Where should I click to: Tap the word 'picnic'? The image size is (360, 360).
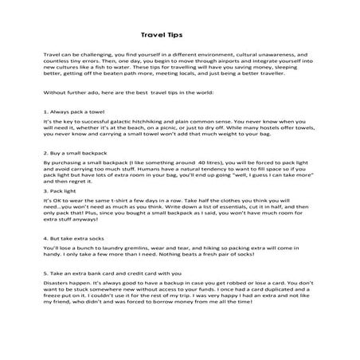click(x=190, y=137)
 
